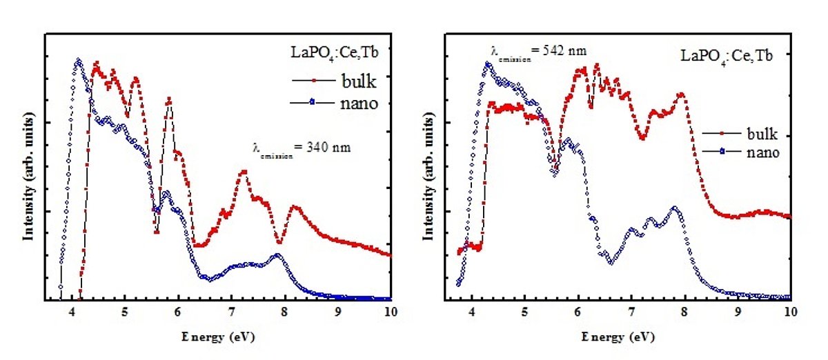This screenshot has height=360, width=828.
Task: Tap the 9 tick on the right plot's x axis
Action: (x=738, y=312)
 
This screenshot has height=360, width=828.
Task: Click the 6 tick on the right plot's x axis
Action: (x=578, y=312)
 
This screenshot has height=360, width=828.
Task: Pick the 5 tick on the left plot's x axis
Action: (x=125, y=312)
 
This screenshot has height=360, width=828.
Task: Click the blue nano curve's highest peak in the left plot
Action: (x=78, y=61)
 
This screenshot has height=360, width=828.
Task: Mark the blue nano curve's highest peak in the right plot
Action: (x=488, y=63)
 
